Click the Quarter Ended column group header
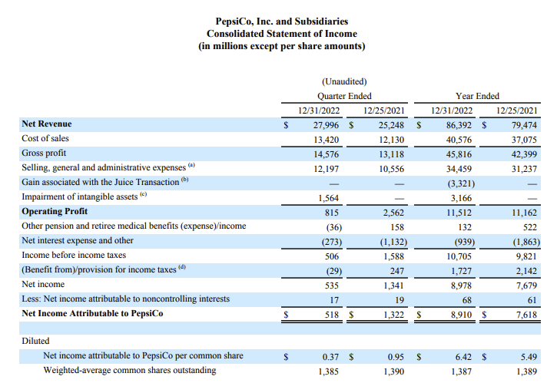tap(344, 96)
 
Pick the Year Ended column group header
tap(477, 96)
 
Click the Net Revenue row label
tap(47, 124)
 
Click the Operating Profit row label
tap(55, 211)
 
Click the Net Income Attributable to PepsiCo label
tap(92, 313)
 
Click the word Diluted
tap(35, 341)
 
